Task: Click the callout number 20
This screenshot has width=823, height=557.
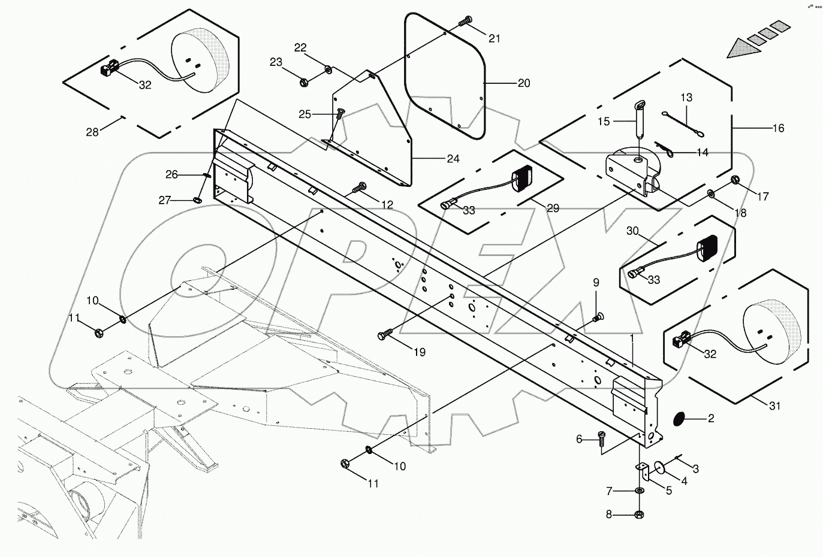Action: [523, 83]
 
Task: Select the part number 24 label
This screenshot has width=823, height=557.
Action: [453, 159]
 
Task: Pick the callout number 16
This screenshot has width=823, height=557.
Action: [778, 128]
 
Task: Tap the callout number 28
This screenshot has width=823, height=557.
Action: [92, 132]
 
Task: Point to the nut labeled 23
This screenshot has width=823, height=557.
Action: [303, 80]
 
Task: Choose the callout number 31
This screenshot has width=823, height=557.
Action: [775, 406]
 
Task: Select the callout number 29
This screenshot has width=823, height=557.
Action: [553, 208]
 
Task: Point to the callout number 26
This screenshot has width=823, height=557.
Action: [172, 174]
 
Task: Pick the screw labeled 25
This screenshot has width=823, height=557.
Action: [340, 113]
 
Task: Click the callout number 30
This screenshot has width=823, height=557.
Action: [633, 231]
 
